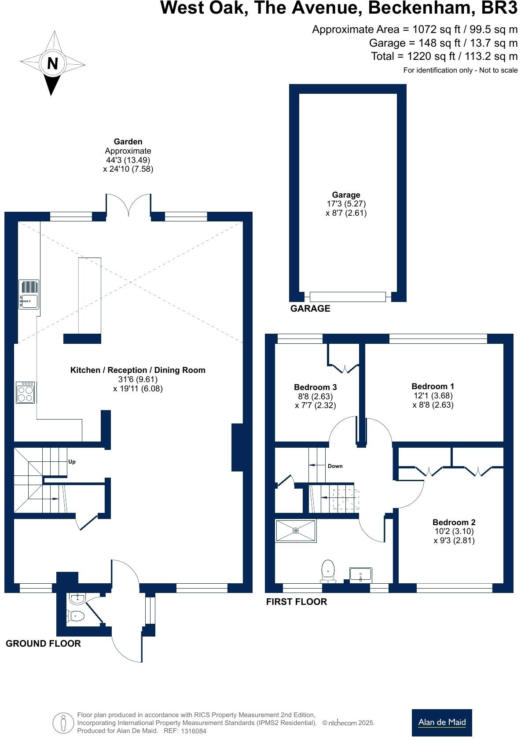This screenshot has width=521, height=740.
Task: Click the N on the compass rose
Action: tap(52, 63)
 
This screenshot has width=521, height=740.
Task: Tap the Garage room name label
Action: tap(346, 195)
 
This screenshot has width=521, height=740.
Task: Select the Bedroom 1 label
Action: tap(433, 386)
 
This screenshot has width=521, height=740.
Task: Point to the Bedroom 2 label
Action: tap(454, 522)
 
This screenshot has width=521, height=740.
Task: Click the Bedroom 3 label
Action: tap(316, 387)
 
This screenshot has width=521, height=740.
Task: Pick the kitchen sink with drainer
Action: tap(29, 295)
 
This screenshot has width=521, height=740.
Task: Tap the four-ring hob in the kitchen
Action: tap(26, 393)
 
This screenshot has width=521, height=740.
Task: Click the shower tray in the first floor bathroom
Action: tap(296, 531)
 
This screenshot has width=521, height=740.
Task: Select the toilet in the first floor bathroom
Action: tap(328, 571)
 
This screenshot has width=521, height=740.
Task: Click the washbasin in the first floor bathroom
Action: tap(360, 575)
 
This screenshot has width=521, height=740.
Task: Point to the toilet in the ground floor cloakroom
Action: tap(76, 615)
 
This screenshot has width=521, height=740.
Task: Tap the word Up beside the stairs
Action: tap(72, 462)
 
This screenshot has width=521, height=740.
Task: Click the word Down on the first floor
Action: tap(335, 466)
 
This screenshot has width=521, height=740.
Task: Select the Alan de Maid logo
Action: tap(442, 723)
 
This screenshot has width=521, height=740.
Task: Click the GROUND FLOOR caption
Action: tap(43, 644)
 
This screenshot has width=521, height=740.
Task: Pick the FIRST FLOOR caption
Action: tap(297, 602)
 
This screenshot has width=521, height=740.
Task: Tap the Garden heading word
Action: tap(128, 142)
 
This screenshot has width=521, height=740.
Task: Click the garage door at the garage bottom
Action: tap(348, 297)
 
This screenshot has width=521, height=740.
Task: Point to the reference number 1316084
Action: tap(193, 731)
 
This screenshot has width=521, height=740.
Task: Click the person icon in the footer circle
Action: tap(63, 723)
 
